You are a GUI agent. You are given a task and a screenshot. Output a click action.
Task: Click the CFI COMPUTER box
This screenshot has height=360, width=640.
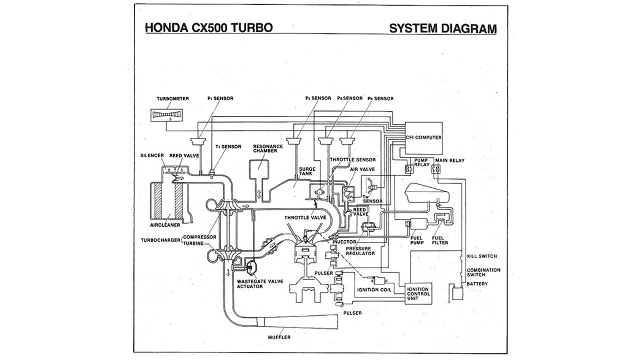[x=424, y=138]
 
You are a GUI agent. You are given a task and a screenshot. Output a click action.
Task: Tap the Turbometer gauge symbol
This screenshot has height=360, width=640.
[x=167, y=115]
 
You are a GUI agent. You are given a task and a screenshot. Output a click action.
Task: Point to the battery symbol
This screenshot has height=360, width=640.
[x=457, y=294]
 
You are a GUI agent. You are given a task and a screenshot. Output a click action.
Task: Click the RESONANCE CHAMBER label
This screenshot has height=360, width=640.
[x=268, y=149]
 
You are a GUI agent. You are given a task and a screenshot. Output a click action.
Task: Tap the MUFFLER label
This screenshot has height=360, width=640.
[x=279, y=337]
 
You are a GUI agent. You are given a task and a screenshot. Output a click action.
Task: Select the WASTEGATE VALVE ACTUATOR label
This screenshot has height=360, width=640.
[x=260, y=284]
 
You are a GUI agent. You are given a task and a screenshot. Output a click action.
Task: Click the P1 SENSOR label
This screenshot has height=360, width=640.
[x=220, y=98]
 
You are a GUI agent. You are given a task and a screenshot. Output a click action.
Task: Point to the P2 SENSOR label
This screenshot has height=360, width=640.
[x=318, y=98]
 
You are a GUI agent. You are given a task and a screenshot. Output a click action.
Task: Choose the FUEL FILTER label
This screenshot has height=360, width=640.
[x=440, y=240]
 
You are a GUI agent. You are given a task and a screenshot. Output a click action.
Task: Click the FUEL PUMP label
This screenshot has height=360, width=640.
[x=417, y=240]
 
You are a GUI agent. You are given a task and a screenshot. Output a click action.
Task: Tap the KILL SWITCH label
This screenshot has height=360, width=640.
[x=482, y=256]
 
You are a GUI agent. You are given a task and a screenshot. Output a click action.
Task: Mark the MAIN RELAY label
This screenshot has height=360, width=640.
[x=450, y=160]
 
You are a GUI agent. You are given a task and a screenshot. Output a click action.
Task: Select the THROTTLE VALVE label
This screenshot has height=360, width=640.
[x=305, y=218]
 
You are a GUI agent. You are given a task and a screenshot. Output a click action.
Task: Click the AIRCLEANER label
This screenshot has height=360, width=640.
[x=165, y=225]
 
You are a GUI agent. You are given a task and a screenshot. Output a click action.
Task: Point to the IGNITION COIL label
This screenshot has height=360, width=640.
[x=374, y=290]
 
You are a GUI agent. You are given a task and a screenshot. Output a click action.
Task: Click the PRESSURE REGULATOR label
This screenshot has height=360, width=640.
[x=360, y=251]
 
